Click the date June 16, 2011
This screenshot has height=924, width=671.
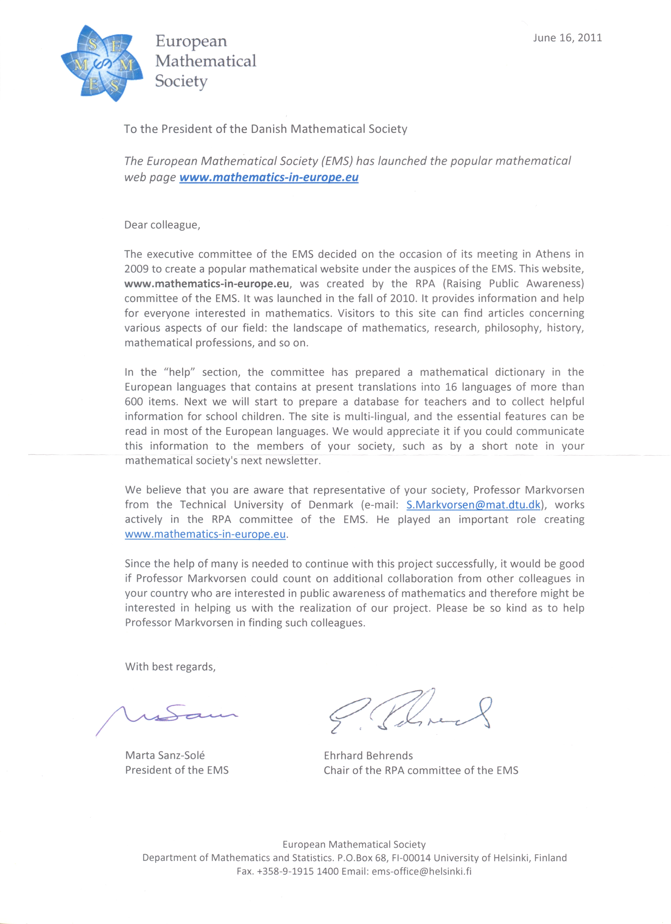tap(567, 38)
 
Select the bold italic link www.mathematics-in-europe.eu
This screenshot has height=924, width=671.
tap(269, 177)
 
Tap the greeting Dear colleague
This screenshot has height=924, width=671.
tap(162, 225)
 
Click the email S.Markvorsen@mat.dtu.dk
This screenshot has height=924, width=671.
tap(473, 505)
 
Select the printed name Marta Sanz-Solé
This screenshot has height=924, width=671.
tap(165, 755)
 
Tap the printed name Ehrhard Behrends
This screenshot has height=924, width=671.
tap(368, 756)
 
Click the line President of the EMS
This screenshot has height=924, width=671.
tap(177, 770)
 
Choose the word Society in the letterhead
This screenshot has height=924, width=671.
tap(181, 81)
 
